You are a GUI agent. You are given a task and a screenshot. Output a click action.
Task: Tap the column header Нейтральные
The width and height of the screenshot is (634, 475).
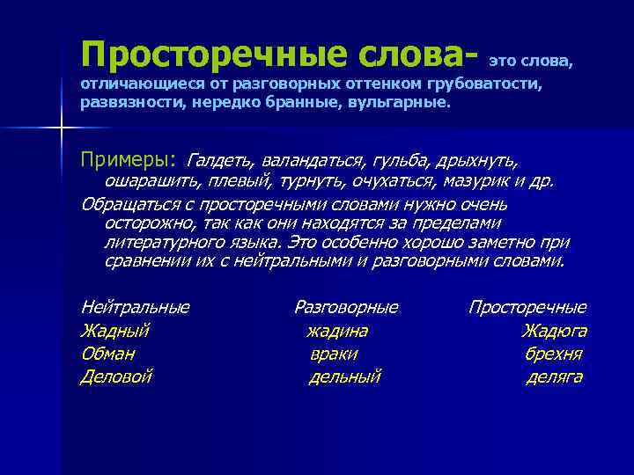(x=135, y=308)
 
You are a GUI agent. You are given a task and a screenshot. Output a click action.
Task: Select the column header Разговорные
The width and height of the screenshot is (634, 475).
(x=345, y=308)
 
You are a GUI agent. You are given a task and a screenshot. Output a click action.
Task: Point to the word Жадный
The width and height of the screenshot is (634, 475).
(x=114, y=332)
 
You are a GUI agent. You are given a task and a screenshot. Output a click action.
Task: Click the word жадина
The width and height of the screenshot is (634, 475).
(x=337, y=332)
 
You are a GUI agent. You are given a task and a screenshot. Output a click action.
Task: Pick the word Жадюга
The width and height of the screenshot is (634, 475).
(x=554, y=332)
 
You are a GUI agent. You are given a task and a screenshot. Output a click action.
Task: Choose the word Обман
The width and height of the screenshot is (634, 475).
(x=107, y=354)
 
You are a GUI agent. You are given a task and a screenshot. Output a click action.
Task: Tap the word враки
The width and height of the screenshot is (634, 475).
(x=334, y=354)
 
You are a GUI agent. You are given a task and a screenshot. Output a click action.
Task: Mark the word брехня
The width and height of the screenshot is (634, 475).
(x=553, y=354)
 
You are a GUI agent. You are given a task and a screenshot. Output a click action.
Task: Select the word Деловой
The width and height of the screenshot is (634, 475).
(x=116, y=377)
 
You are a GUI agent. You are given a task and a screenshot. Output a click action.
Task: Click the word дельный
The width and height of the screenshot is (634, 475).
(x=344, y=377)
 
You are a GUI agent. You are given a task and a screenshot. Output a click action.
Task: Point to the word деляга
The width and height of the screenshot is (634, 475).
(x=554, y=377)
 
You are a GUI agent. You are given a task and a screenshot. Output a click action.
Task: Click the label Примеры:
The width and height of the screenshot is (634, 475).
(x=129, y=161)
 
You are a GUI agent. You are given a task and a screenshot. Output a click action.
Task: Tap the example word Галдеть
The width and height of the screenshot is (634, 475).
(x=220, y=161)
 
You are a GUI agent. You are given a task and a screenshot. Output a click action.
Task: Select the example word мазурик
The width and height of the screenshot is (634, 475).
(x=483, y=182)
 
